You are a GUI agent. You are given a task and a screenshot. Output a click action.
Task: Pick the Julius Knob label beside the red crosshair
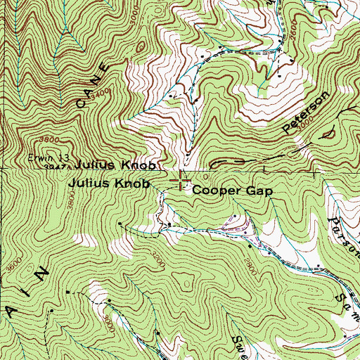pos(110,184)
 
